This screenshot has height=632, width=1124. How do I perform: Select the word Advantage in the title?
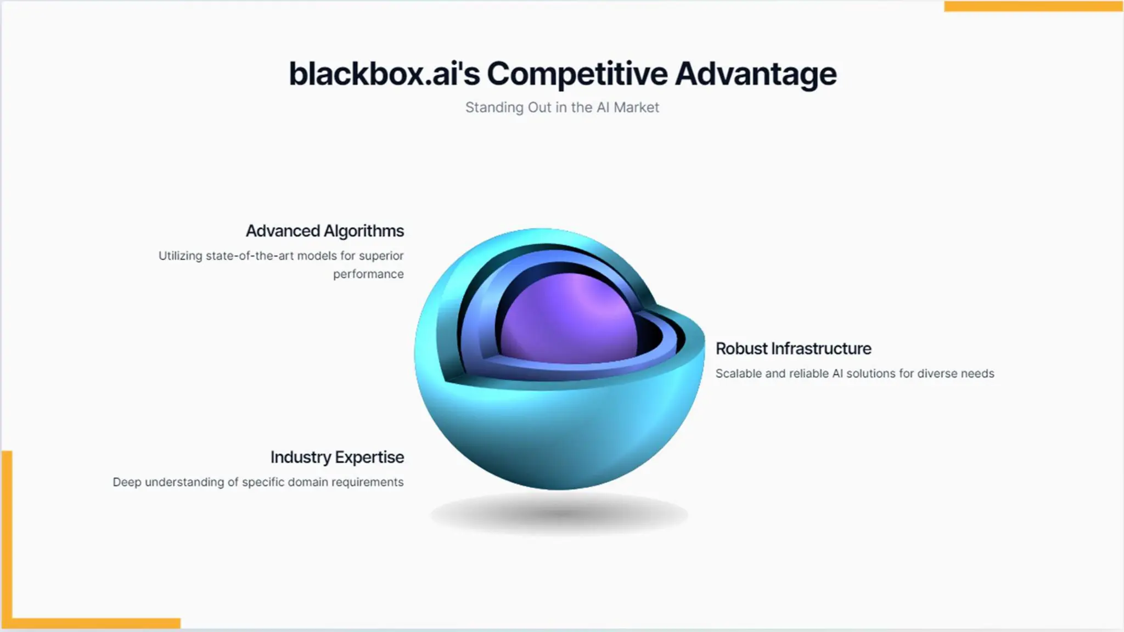(756, 74)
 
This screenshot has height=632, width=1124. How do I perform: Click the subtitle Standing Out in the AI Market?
(562, 108)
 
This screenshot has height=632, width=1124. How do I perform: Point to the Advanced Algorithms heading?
(324, 231)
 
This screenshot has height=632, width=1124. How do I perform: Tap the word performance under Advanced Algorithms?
(368, 274)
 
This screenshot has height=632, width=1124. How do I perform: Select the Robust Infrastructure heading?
(793, 348)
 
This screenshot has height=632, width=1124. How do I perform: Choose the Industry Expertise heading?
(337, 457)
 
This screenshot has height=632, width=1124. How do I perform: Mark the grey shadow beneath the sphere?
(559, 514)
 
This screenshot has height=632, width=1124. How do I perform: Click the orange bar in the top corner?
(1033, 6)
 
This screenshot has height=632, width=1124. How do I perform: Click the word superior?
(381, 256)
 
